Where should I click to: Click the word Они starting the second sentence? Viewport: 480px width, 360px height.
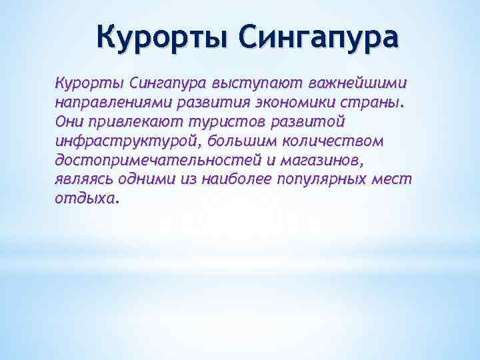point(69,123)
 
